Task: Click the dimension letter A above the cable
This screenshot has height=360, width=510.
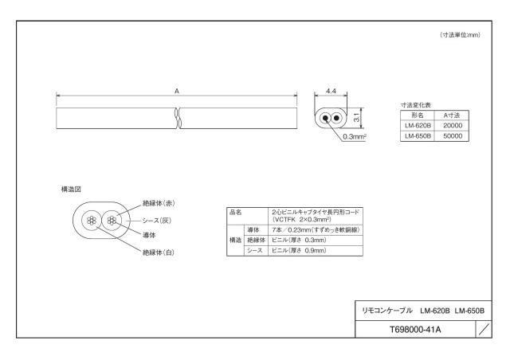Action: click(177, 91)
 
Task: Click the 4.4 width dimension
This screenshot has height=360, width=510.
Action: click(331, 91)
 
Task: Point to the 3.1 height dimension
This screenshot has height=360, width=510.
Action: click(357, 117)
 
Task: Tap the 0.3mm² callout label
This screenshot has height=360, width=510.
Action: click(355, 136)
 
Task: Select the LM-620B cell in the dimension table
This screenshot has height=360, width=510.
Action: click(418, 126)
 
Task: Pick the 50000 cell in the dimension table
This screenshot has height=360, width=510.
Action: click(452, 136)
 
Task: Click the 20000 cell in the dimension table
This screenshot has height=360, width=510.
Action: click(452, 126)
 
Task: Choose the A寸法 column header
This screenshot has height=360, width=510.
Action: click(452, 115)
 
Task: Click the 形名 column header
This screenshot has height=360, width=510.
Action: click(418, 115)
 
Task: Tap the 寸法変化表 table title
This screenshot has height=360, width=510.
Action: click(416, 105)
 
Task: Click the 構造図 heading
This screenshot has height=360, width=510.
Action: click(71, 189)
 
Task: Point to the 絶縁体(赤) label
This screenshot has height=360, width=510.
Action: click(159, 203)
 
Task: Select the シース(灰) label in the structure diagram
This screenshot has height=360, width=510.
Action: click(156, 221)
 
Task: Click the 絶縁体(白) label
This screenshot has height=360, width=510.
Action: click(159, 252)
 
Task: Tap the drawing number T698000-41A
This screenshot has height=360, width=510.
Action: click(415, 330)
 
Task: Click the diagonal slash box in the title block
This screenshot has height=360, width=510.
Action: click(484, 329)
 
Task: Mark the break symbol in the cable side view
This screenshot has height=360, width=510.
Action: click(177, 118)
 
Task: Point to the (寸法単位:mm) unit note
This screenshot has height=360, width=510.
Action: click(460, 35)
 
